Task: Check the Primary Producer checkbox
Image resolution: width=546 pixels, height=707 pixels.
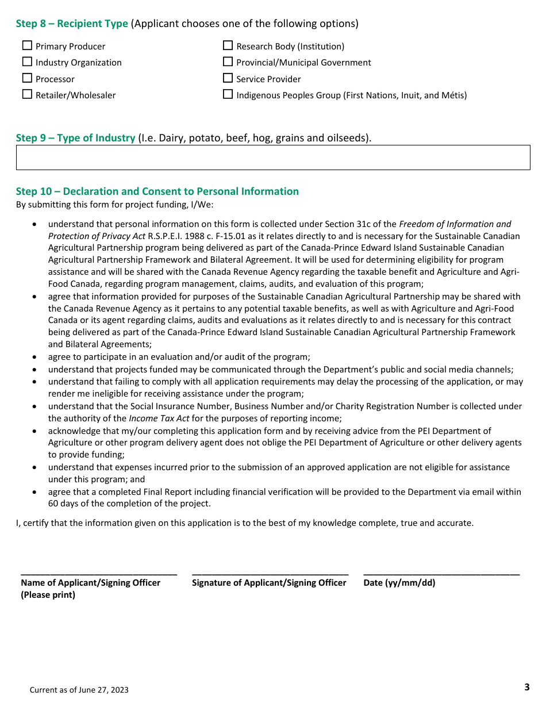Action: tap(27, 45)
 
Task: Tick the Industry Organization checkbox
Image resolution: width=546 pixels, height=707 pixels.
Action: tap(27, 62)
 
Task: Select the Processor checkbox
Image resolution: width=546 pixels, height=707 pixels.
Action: tap(27, 78)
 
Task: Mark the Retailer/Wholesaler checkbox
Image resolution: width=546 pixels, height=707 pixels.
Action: tap(27, 94)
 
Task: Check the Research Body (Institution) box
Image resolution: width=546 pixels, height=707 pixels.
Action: tap(228, 45)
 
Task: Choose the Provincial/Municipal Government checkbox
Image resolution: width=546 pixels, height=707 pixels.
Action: tap(228, 62)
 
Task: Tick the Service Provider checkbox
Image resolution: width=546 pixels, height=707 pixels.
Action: tap(228, 78)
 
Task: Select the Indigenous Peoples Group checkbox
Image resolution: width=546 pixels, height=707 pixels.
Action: tap(228, 94)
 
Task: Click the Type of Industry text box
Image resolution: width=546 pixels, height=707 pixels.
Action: tap(273, 157)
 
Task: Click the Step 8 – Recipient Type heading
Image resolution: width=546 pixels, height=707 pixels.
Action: tap(72, 24)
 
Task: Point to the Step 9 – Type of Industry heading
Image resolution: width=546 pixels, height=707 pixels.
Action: tap(75, 138)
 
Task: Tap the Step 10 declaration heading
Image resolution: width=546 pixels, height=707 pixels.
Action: tap(157, 191)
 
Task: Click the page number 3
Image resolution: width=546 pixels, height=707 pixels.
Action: tap(526, 687)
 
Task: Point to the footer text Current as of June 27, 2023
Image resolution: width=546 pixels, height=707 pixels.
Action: tap(79, 690)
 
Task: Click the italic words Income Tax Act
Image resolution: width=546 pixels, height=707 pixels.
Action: tap(159, 418)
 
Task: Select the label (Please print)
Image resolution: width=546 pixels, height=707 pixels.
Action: tap(48, 595)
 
